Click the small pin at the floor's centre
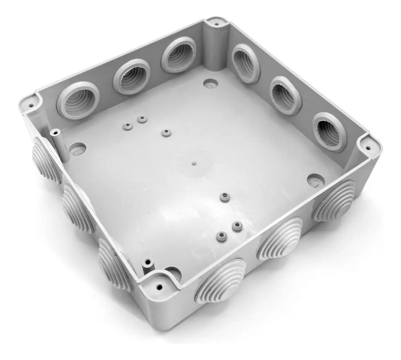click(x=193, y=162)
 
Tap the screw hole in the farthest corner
click(x=216, y=24)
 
